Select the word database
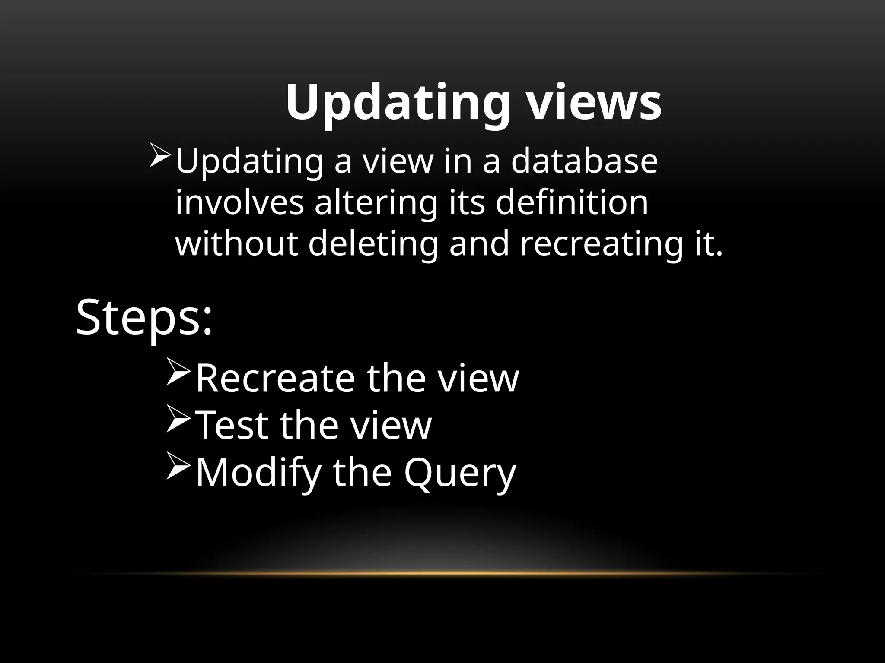584,161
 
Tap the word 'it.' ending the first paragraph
709,244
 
